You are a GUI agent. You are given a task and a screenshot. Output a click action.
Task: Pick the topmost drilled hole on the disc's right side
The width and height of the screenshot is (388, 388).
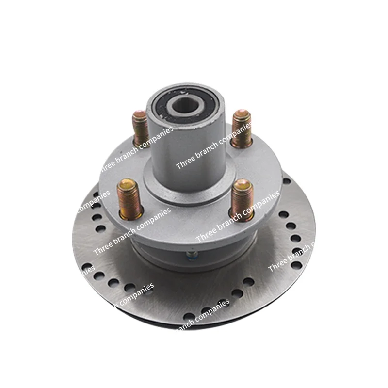pyautogui.click(x=287, y=181)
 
